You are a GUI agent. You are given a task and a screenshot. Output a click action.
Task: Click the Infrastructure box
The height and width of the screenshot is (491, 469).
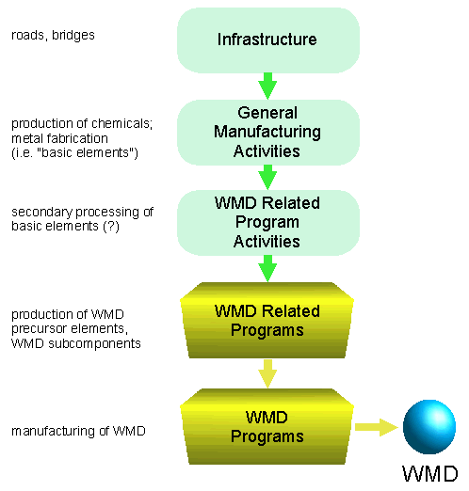[268, 40]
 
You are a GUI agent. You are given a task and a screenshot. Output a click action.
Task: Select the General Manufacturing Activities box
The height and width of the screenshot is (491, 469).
[268, 133]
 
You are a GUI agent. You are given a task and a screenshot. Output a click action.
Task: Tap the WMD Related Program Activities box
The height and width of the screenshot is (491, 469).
[268, 223]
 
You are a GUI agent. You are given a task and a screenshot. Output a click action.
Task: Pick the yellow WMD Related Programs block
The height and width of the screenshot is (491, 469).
[267, 320]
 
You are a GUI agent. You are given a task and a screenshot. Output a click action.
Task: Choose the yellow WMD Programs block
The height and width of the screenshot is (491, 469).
[267, 426]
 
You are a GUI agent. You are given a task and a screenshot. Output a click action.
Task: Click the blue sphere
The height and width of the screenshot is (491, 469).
[429, 427]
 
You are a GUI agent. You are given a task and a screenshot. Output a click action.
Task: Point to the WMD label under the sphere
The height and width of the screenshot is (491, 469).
[430, 473]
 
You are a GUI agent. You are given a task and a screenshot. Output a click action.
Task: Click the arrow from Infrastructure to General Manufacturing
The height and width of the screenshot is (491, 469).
[267, 87]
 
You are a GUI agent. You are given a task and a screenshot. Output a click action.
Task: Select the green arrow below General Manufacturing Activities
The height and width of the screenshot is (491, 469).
[267, 177]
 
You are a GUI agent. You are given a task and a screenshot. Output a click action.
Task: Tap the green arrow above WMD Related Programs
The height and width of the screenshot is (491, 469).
[267, 268]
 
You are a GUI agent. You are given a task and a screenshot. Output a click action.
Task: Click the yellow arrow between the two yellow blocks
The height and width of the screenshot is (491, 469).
[267, 373]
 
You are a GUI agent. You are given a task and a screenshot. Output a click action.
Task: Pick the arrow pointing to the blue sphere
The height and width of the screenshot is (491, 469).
[377, 427]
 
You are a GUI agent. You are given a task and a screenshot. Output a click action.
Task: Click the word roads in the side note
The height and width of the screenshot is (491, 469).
[27, 36]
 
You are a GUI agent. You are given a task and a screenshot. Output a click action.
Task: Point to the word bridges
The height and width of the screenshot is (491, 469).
[73, 35]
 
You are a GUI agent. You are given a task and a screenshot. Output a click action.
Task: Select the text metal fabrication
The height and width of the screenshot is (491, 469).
[59, 138]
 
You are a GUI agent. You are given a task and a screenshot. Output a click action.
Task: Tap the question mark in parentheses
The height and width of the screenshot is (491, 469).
[111, 226]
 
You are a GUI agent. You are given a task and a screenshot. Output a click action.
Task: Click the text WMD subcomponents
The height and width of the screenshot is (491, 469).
[76, 343]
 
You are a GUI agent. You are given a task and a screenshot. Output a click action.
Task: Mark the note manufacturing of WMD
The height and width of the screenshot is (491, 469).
[78, 431]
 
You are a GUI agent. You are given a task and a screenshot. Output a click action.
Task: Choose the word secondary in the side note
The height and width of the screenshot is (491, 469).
[42, 213]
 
